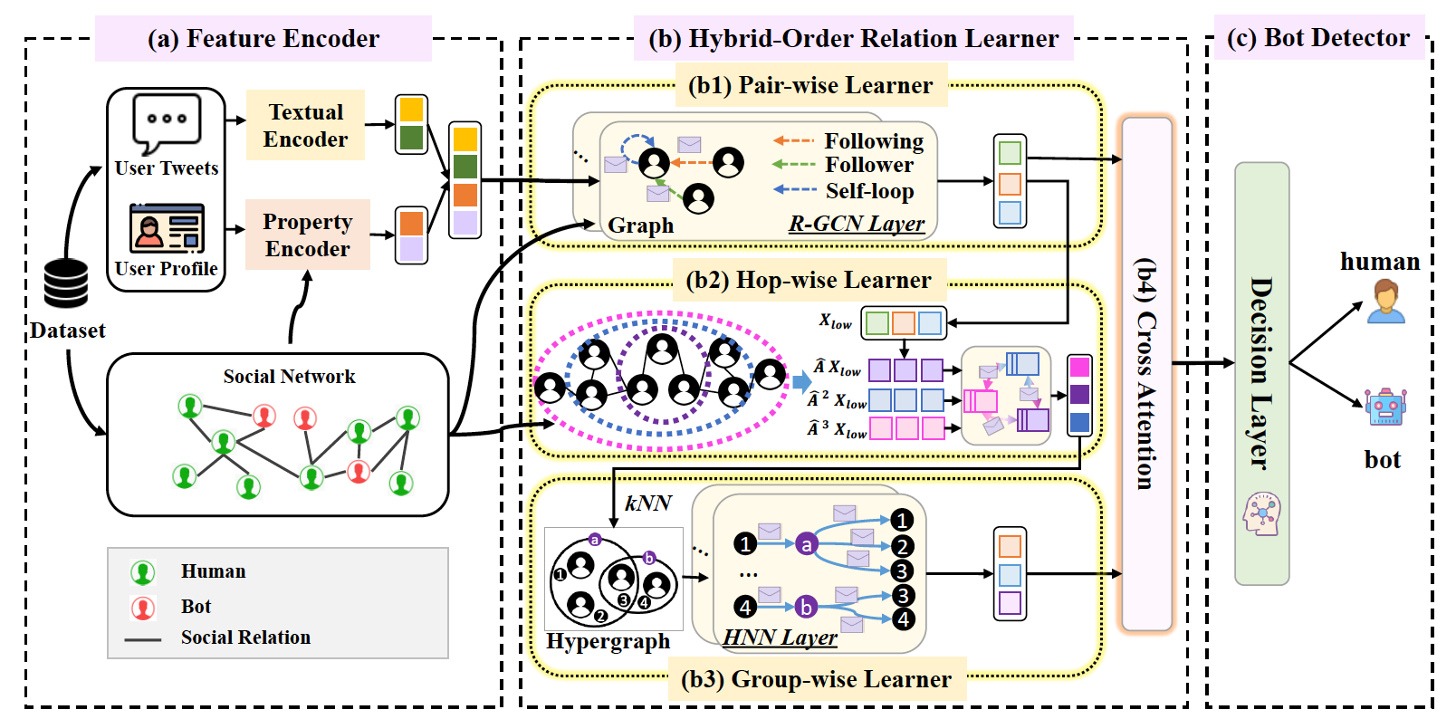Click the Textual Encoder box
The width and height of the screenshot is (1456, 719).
point(305,125)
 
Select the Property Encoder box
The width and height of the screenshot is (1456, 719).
point(307,235)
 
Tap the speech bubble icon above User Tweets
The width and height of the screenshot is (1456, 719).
point(167,123)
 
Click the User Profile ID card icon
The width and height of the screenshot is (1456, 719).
point(167,228)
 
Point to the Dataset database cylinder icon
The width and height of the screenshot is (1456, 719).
point(66,283)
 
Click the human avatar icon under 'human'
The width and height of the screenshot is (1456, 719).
point(1385,302)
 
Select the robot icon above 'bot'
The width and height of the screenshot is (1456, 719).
point(1385,407)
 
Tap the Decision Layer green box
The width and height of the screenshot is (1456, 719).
point(1261,373)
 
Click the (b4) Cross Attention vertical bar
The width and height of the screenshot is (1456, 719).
point(1146,373)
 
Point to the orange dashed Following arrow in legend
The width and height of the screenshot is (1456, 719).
point(794,140)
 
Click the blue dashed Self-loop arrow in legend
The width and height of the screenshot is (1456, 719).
point(794,189)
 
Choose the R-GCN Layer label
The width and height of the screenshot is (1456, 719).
point(857,224)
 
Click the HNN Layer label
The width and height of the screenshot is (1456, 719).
point(780,638)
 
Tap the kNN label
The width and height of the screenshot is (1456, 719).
point(648,503)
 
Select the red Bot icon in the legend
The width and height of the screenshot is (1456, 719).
point(143,607)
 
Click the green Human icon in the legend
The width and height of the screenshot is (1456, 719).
point(143,572)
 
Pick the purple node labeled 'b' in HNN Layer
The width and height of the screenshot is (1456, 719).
point(806,607)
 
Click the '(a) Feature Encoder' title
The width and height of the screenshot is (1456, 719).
point(263,39)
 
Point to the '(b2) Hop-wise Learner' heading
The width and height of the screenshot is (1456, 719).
point(809,280)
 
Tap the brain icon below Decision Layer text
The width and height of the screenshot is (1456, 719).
point(1262,514)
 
